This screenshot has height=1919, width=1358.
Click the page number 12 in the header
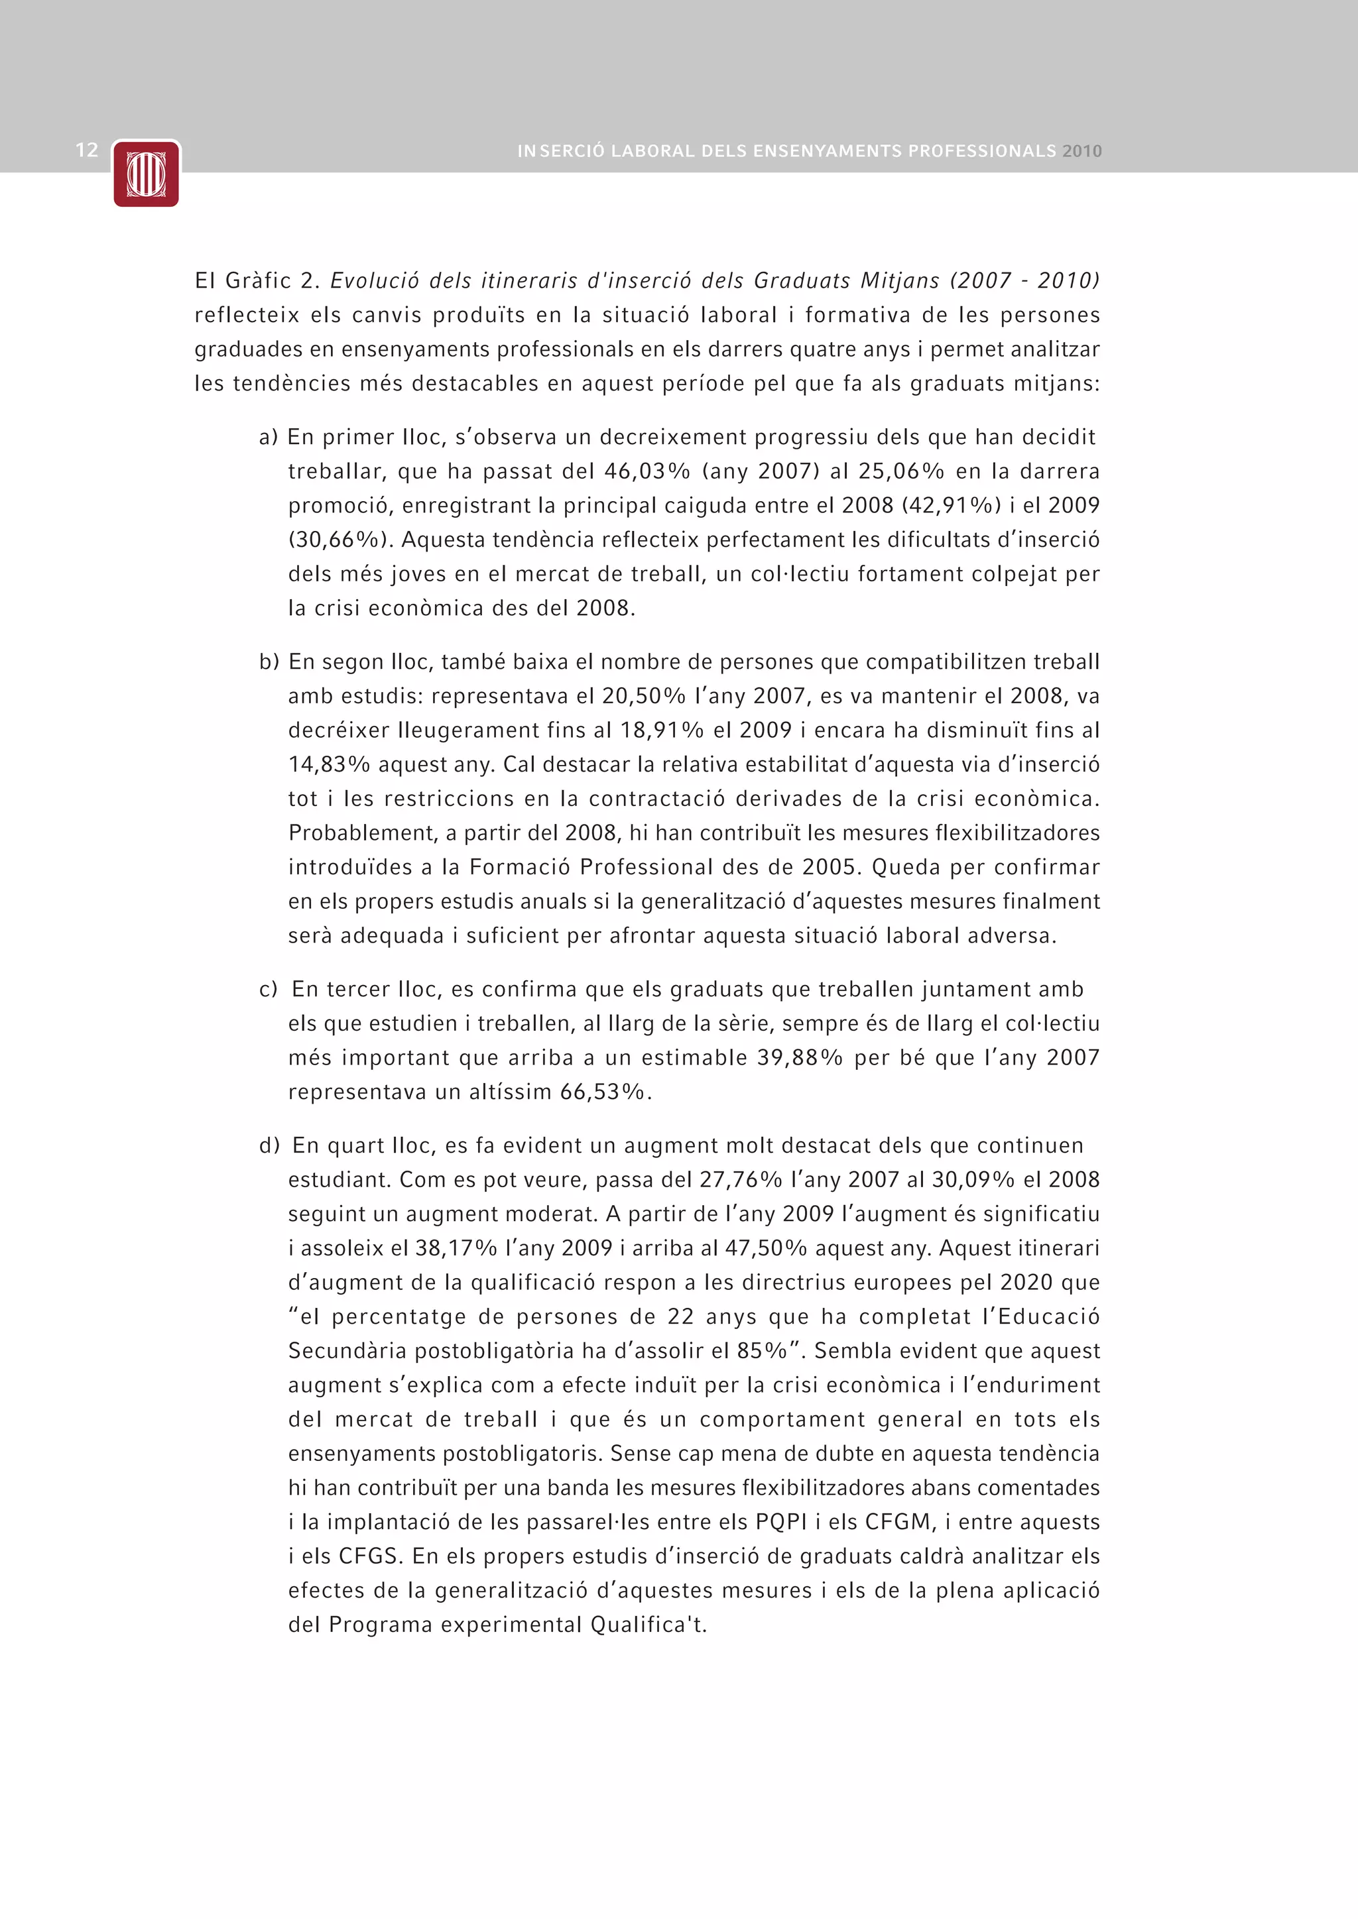pyautogui.click(x=87, y=150)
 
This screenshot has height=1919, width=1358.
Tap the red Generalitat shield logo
pyautogui.click(x=147, y=174)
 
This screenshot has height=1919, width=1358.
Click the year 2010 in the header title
pyautogui.click(x=1082, y=151)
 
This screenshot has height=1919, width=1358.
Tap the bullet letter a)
pyautogui.click(x=269, y=437)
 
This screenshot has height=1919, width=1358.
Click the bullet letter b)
pyautogui.click(x=269, y=662)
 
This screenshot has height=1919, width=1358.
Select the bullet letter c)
pyautogui.click(x=269, y=990)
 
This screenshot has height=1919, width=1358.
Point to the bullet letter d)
pyautogui.click(x=269, y=1146)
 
